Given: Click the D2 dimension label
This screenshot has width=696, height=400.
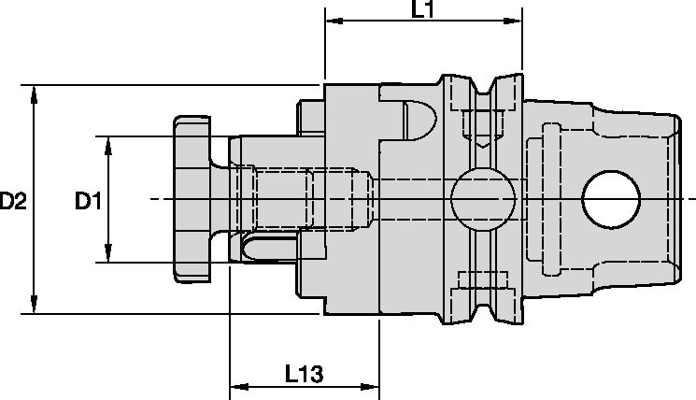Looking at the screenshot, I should click(x=13, y=200).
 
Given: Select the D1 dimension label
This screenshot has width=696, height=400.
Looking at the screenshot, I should click(x=89, y=200).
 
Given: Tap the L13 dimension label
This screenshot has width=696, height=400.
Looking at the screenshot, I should click(x=304, y=375).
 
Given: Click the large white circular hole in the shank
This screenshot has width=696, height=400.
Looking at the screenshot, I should click(x=611, y=199).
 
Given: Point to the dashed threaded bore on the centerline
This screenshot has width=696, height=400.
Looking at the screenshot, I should click(x=308, y=199).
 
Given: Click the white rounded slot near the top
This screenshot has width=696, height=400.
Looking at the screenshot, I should click(x=419, y=119).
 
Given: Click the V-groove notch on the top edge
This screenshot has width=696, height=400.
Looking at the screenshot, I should click(x=484, y=86).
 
